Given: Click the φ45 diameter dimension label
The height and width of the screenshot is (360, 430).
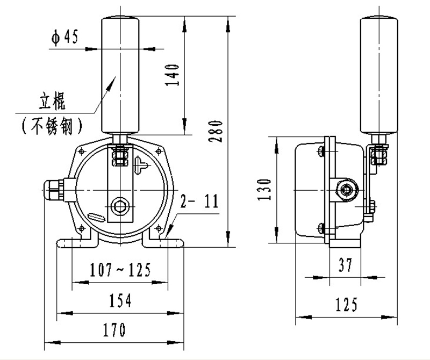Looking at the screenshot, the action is (x=64, y=37).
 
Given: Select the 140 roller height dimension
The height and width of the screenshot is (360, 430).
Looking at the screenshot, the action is (x=172, y=75).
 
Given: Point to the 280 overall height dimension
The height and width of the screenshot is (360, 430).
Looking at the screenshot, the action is (x=216, y=131).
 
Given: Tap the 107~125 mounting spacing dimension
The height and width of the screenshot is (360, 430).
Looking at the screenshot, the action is (x=120, y=270).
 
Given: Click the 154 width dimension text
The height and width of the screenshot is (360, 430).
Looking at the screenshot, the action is (x=120, y=300).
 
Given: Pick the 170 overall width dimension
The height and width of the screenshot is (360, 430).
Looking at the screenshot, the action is (x=114, y=329).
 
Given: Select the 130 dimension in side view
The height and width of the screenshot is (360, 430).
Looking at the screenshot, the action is (x=264, y=190).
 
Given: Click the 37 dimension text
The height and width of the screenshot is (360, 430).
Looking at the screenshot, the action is (x=345, y=265).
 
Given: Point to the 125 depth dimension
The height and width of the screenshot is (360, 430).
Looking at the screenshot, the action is (x=347, y=304).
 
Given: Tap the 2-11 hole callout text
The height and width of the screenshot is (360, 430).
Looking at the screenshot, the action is (x=199, y=201).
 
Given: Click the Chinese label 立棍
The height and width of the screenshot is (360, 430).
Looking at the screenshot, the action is (x=52, y=102).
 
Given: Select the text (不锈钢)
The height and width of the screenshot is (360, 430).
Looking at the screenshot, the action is (x=52, y=126).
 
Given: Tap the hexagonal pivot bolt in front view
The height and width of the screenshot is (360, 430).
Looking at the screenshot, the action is (x=120, y=206).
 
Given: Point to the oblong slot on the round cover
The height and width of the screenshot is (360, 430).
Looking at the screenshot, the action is (x=96, y=218).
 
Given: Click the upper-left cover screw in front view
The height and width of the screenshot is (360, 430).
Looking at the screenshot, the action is (x=82, y=151).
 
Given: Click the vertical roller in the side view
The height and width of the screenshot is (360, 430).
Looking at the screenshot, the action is (x=379, y=75).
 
